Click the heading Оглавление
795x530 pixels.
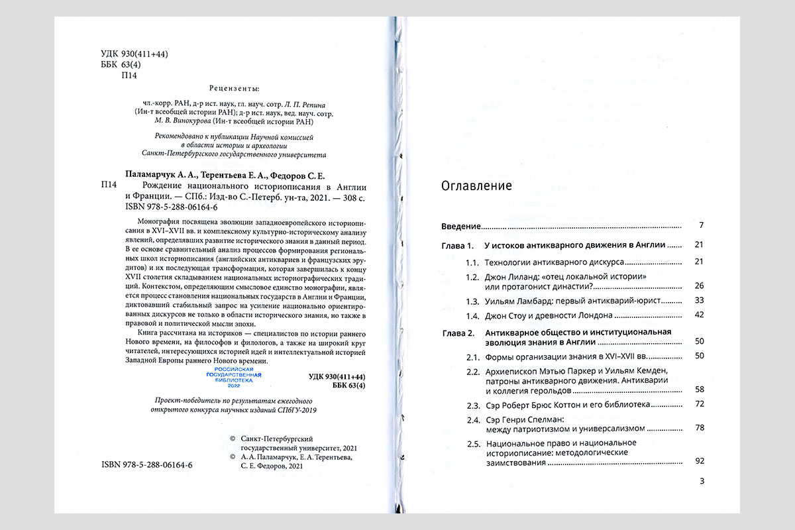point(476,186)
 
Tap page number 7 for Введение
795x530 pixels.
point(701,226)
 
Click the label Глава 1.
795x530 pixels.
point(458,245)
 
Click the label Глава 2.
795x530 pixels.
point(458,332)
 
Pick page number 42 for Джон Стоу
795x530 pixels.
point(698,315)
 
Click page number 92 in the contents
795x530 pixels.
point(698,460)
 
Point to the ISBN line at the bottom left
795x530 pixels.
point(147,465)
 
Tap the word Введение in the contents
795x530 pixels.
point(461,226)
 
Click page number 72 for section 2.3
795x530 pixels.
point(698,404)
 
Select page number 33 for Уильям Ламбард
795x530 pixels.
point(698,301)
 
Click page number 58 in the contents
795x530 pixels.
point(698,389)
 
